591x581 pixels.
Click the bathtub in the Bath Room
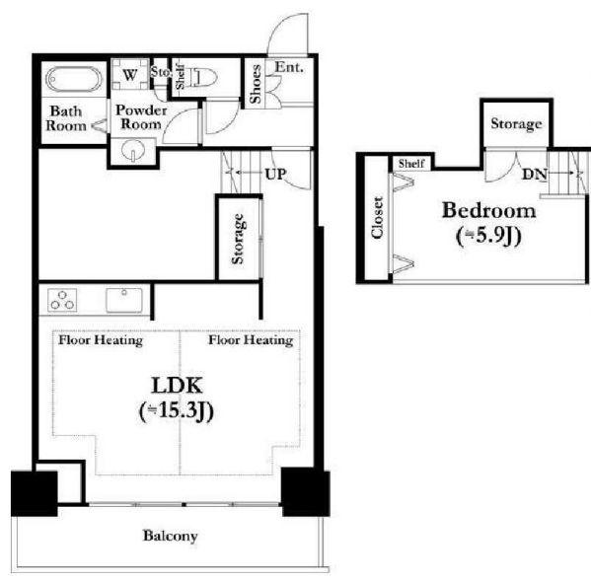click(73, 79)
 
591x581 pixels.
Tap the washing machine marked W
click(130, 74)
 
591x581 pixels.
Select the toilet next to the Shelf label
click(204, 78)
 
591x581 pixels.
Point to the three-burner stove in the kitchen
click(62, 300)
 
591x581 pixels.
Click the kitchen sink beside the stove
click(124, 300)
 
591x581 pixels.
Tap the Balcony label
click(170, 536)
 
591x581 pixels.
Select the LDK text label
click(177, 385)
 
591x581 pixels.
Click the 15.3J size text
click(177, 410)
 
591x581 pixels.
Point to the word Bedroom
click(488, 210)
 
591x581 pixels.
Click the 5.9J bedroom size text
click(488, 236)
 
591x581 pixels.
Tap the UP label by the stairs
click(275, 174)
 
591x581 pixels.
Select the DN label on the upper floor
click(535, 174)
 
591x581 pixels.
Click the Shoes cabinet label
click(256, 84)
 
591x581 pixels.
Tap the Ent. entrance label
click(289, 67)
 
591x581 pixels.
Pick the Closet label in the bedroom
click(377, 217)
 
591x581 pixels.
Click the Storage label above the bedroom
click(516, 123)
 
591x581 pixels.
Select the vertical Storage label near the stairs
click(238, 239)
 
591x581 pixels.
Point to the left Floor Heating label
click(101, 340)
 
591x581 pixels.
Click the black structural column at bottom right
click(305, 491)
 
